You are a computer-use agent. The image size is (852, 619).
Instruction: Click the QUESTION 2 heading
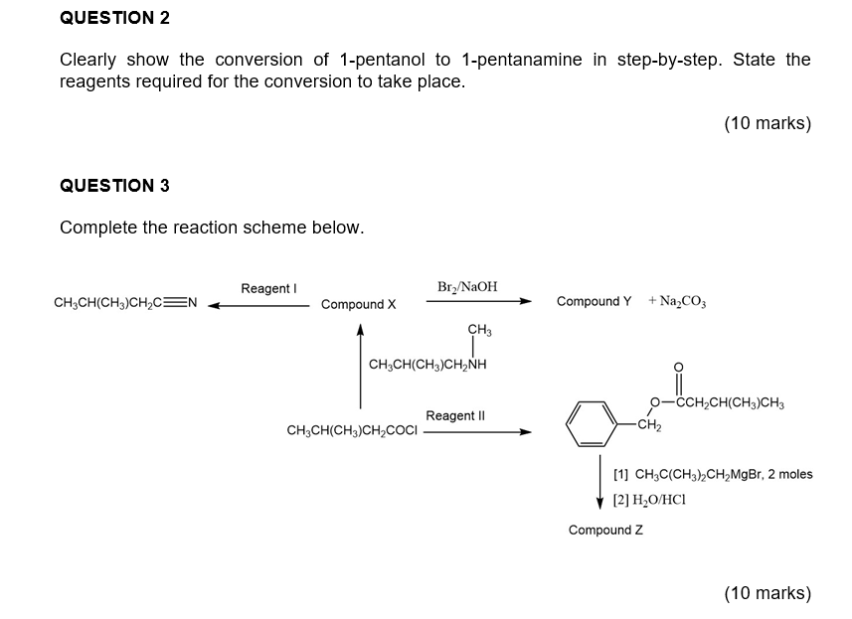pyautogui.click(x=114, y=18)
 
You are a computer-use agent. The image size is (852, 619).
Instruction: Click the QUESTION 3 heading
pyautogui.click(x=114, y=186)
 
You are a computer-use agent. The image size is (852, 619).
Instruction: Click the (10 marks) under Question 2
pyautogui.click(x=767, y=124)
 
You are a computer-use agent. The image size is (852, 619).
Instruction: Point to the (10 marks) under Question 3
pyautogui.click(x=767, y=593)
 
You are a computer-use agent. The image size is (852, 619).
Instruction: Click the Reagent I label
pyautogui.click(x=268, y=288)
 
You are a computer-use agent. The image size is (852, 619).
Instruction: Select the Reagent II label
pyautogui.click(x=455, y=415)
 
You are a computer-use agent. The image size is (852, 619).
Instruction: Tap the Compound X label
pyautogui.click(x=359, y=304)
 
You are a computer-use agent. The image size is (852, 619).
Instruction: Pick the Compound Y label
pyautogui.click(x=594, y=301)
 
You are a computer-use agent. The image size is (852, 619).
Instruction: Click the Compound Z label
pyautogui.click(x=605, y=530)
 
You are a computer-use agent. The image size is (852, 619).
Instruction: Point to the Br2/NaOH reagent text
pyautogui.click(x=467, y=287)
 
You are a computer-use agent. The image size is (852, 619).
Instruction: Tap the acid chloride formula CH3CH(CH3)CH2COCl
pyautogui.click(x=352, y=431)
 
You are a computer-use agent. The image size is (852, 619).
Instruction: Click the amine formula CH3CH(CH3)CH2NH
pyautogui.click(x=427, y=364)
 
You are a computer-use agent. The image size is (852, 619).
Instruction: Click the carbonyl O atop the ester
pyautogui.click(x=679, y=365)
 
